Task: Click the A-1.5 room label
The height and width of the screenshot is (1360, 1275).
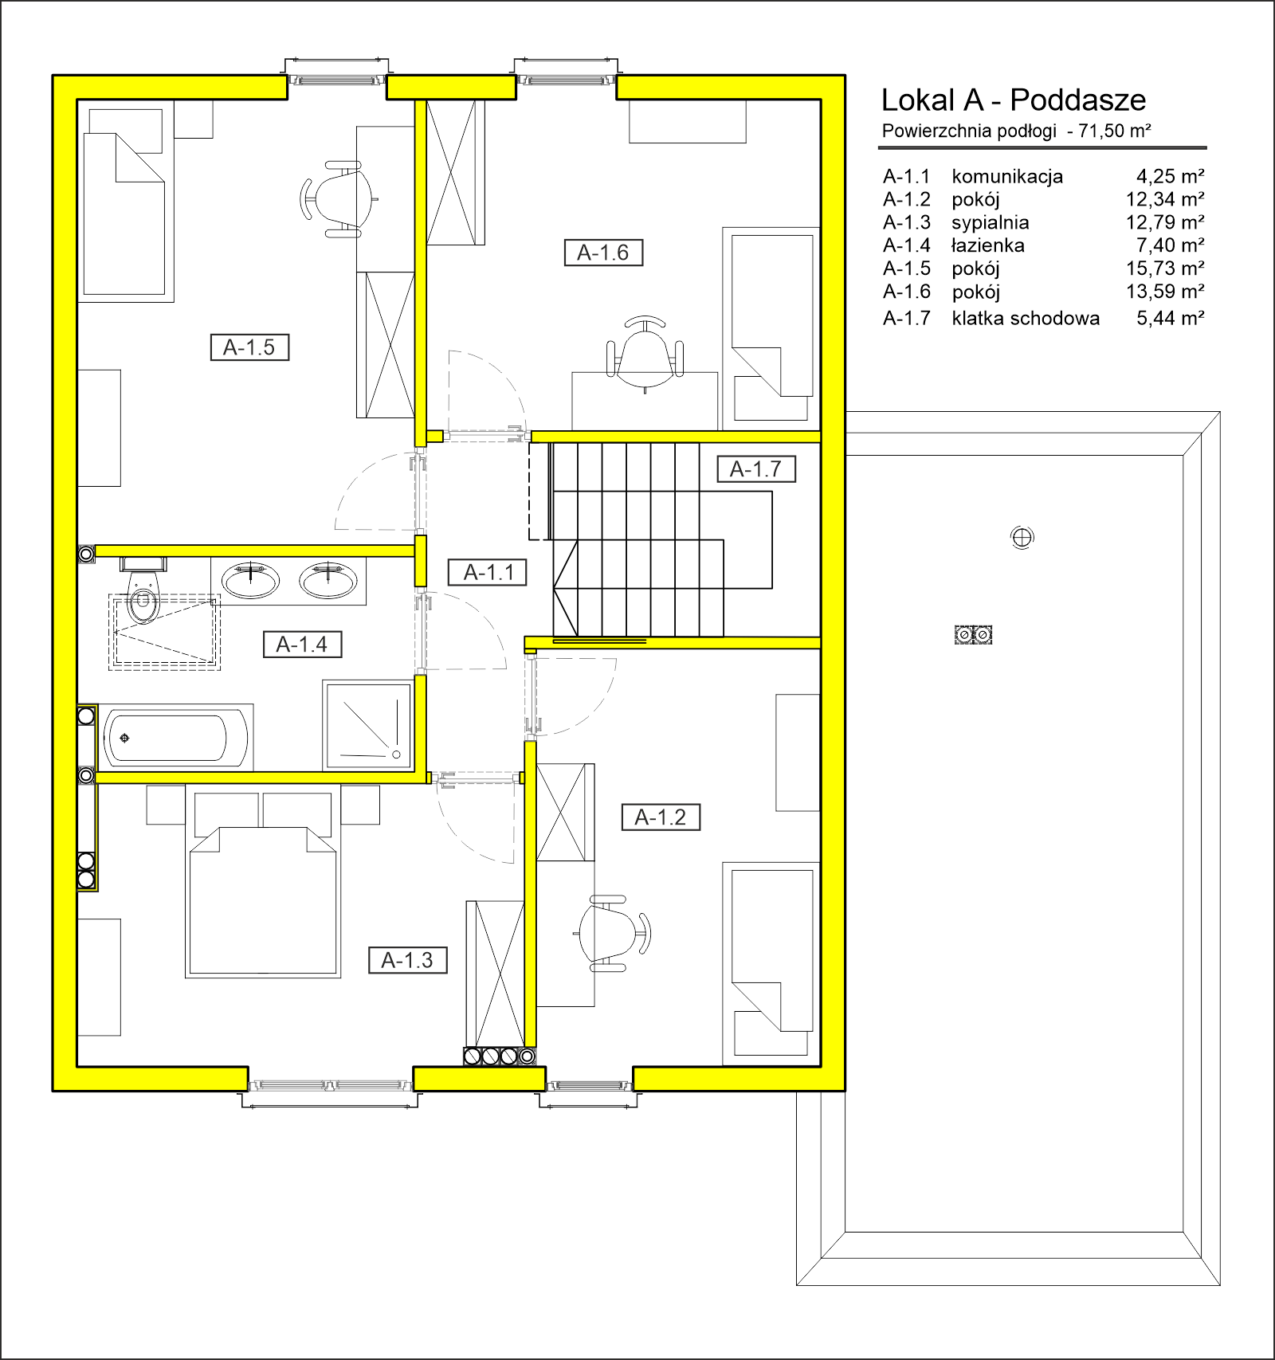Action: click(x=249, y=347)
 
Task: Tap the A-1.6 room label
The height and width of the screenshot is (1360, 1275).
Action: click(x=603, y=253)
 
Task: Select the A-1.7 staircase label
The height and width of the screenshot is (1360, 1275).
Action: click(x=756, y=469)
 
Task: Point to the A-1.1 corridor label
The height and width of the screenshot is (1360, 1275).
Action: click(x=487, y=572)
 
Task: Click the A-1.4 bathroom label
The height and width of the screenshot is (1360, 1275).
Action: click(x=302, y=644)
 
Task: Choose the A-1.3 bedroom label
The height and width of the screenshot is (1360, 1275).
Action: click(x=407, y=960)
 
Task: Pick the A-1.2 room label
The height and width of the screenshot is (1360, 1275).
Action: click(x=661, y=817)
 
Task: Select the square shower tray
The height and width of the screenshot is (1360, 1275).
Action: click(x=367, y=725)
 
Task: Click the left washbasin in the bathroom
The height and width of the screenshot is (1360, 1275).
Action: click(x=251, y=579)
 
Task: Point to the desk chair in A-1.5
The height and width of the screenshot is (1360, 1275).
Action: click(x=338, y=198)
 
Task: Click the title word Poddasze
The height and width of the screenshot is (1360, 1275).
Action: click(x=1078, y=100)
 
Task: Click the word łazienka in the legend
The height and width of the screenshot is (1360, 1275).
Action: click(x=988, y=245)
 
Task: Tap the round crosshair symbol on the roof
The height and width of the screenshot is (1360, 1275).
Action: click(x=1022, y=538)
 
